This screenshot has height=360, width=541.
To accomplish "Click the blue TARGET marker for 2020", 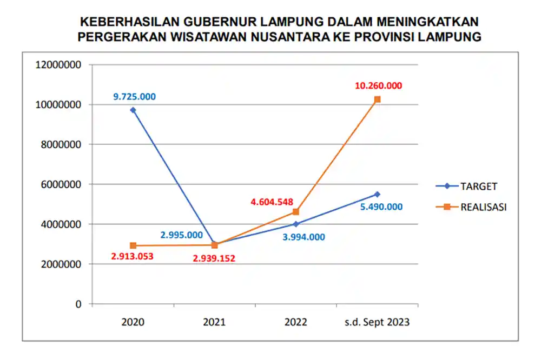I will [133, 110].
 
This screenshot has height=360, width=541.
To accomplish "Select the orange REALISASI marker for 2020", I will [133, 245].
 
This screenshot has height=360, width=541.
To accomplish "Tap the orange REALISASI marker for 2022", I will [296, 212].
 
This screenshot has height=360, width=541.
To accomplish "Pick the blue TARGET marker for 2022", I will [296, 224].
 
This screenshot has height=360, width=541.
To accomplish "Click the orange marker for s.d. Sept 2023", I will [378, 99].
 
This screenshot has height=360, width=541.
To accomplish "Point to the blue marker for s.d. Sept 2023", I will [378, 194].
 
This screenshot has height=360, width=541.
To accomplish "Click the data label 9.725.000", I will [134, 97].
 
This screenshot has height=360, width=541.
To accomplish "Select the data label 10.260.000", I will [379, 85].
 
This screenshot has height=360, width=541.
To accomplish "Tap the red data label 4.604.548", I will [272, 202].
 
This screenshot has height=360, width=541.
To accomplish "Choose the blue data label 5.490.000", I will [381, 206].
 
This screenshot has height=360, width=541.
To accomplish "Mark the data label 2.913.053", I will [133, 256].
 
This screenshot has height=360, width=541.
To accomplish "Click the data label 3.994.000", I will [304, 236].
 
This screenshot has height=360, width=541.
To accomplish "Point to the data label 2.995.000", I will [181, 235].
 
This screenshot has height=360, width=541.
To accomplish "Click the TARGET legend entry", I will [478, 186].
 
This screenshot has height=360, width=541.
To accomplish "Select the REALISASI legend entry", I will [483, 206].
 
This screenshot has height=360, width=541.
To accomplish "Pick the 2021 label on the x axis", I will [214, 322].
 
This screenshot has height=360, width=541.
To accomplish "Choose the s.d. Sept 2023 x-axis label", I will [378, 322].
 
